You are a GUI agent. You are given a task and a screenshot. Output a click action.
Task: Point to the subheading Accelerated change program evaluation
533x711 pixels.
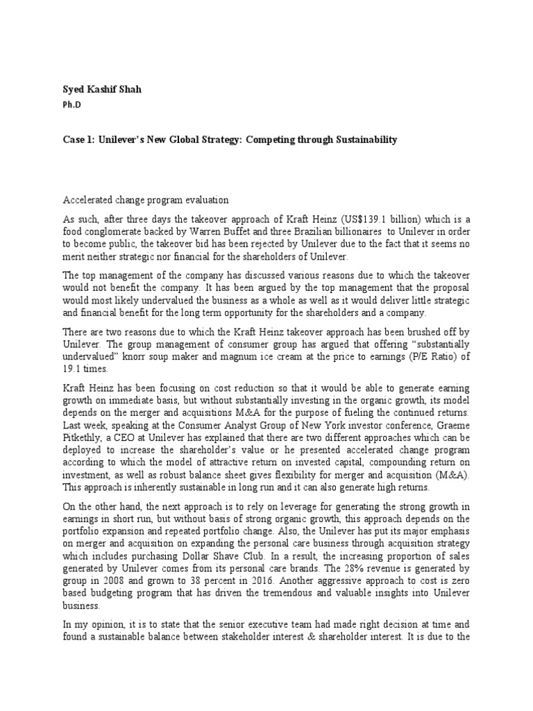[145, 200]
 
